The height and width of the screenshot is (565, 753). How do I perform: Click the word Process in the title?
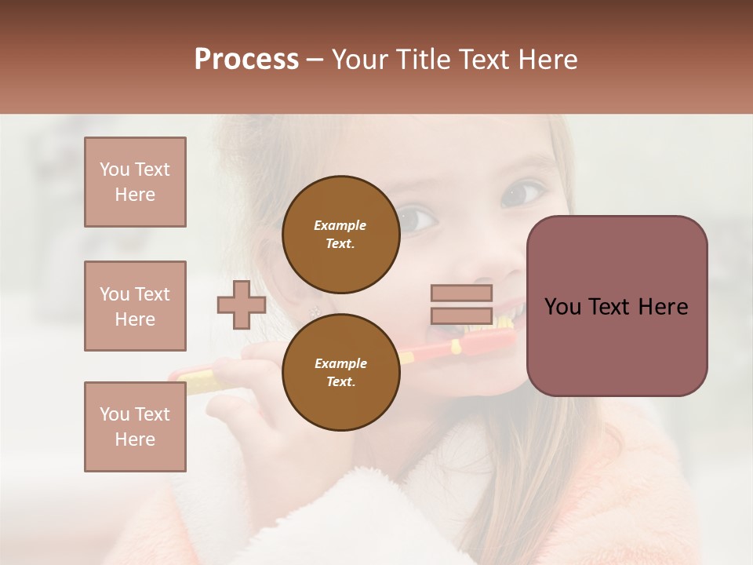click(246, 60)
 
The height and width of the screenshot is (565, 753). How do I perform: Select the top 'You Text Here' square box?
click(135, 182)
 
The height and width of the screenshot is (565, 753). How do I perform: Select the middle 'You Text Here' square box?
click(135, 306)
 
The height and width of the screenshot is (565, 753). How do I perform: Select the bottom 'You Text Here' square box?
click(135, 426)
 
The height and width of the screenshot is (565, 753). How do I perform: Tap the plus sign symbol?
click(242, 305)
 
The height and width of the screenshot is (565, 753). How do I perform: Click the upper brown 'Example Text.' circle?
click(340, 235)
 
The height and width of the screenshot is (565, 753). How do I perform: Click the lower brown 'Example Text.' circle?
click(340, 373)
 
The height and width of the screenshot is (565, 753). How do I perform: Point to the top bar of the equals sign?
click(462, 293)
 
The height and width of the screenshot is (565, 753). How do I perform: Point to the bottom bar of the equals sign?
click(462, 316)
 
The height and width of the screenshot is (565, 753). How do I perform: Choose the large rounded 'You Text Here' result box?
click(617, 306)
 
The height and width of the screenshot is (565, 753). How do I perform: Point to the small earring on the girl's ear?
click(315, 312)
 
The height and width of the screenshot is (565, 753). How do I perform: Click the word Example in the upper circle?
click(340, 225)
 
